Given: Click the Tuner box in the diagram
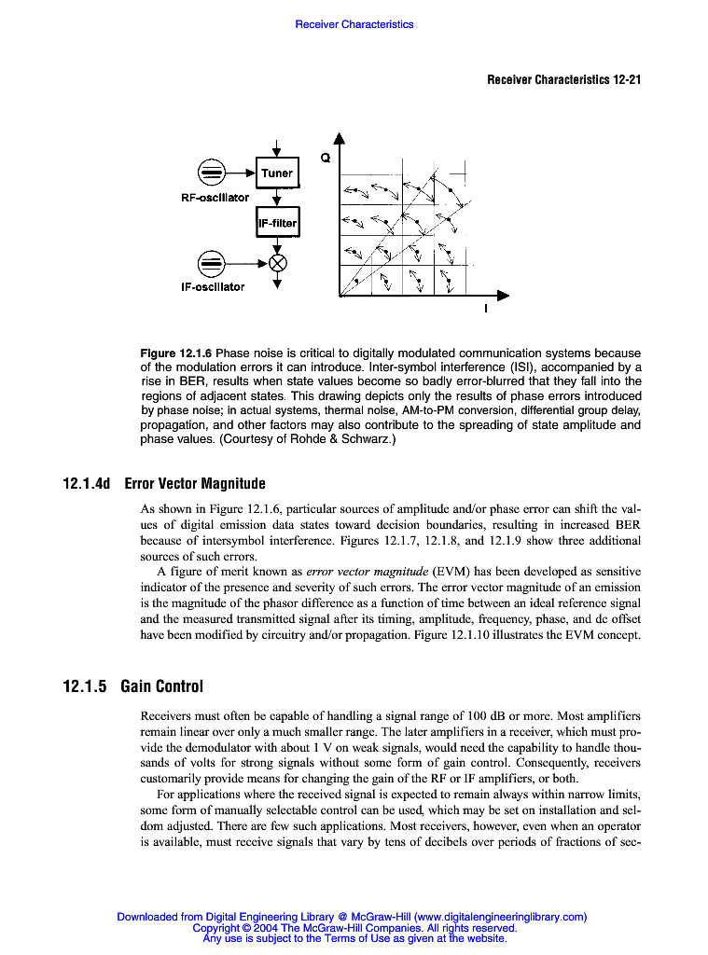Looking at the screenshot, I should (277, 173).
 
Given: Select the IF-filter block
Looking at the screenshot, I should (277, 223).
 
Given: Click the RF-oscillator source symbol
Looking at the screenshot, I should (212, 173).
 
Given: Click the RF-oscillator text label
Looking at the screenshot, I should (215, 198).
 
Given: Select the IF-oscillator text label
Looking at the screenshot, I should (213, 287).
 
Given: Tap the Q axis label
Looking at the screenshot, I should (325, 159).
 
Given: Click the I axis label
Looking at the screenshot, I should (484, 311).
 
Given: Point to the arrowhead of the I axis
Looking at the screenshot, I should (504, 296).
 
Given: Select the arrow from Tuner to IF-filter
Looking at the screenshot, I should (277, 197).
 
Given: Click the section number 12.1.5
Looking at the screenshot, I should (84, 687).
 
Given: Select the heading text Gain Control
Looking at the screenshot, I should (161, 687).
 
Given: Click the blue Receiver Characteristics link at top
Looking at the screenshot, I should (354, 24).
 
